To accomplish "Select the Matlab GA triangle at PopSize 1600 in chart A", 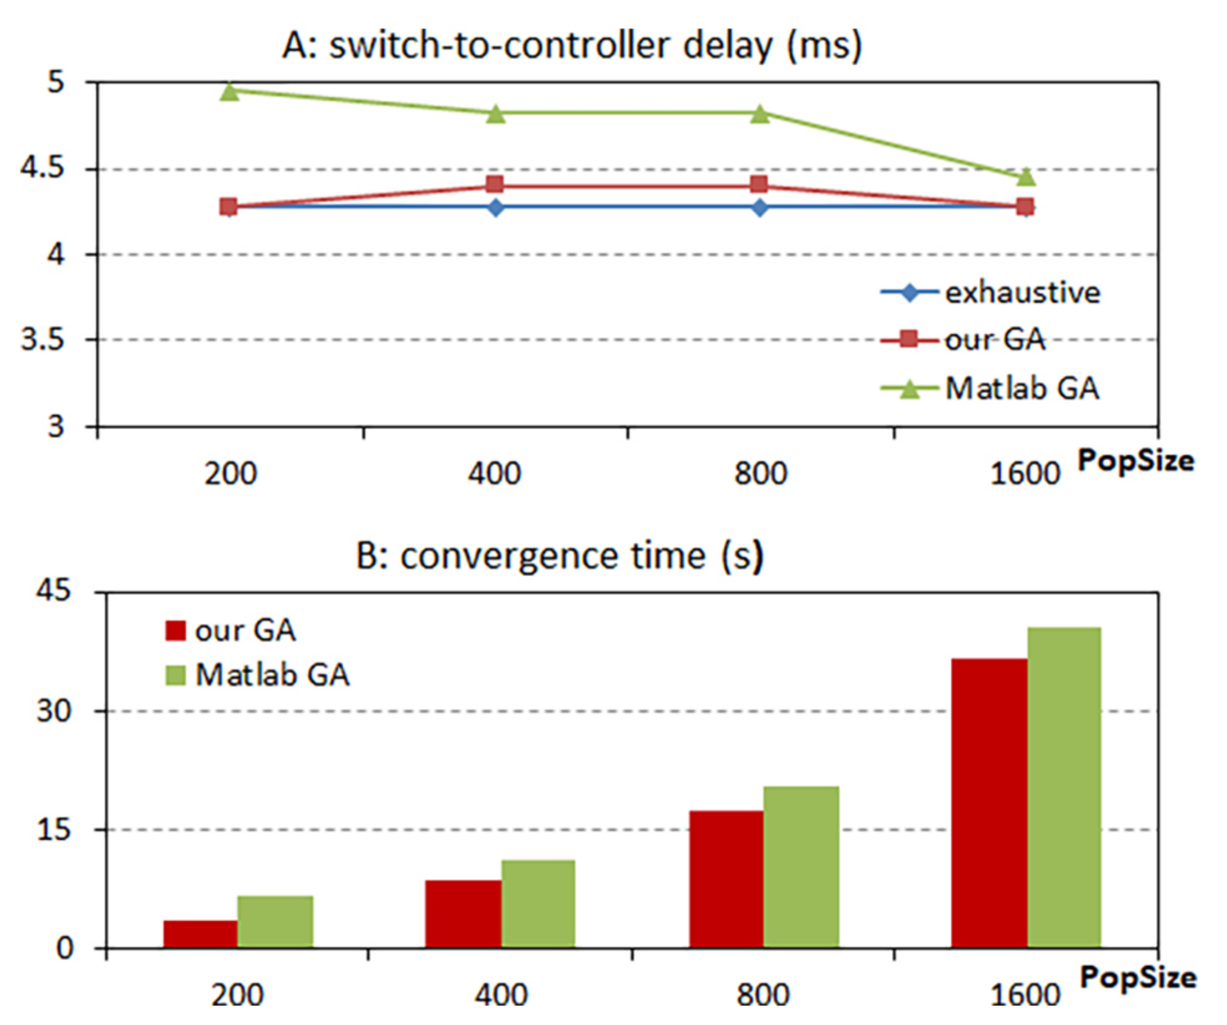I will coord(1025,177).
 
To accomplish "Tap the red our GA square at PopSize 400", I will coord(495,185).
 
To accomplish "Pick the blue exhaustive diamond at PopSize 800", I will coord(760,207).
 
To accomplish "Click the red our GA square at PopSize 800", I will coord(759,185).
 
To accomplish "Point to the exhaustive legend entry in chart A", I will coord(1022,292).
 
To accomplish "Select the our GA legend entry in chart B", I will coord(245,631).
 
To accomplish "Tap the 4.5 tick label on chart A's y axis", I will coord(42,169).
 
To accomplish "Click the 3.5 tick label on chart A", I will coord(42,339).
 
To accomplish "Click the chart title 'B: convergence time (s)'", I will coord(559,556).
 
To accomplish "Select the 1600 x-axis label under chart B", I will coord(1024,995).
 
